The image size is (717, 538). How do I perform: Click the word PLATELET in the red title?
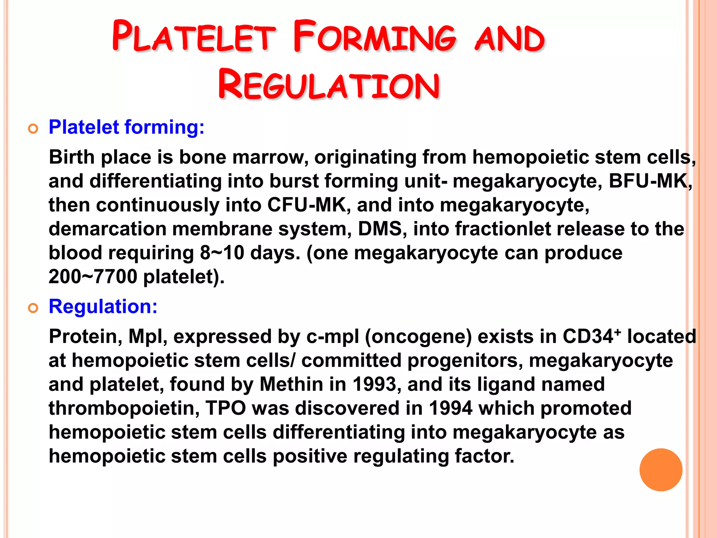[x=194, y=37]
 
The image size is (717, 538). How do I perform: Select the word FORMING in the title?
[x=375, y=37]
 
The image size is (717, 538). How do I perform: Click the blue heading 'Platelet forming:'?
[x=126, y=127]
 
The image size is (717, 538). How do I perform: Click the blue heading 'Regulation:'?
[x=103, y=306]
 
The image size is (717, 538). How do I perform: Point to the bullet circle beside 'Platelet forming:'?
[x=33, y=129]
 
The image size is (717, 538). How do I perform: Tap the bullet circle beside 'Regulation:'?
[x=33, y=309]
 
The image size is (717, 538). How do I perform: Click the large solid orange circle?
[x=661, y=470]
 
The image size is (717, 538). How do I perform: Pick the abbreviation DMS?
[x=380, y=229]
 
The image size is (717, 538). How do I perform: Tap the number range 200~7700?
[x=93, y=277]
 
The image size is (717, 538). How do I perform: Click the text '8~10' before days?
[x=222, y=253]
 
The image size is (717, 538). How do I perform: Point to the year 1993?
[x=374, y=384]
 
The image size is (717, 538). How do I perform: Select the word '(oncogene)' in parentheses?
[x=418, y=337]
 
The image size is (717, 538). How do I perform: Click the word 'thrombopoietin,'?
[x=124, y=408]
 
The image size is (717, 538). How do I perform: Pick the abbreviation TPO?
[x=226, y=408]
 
